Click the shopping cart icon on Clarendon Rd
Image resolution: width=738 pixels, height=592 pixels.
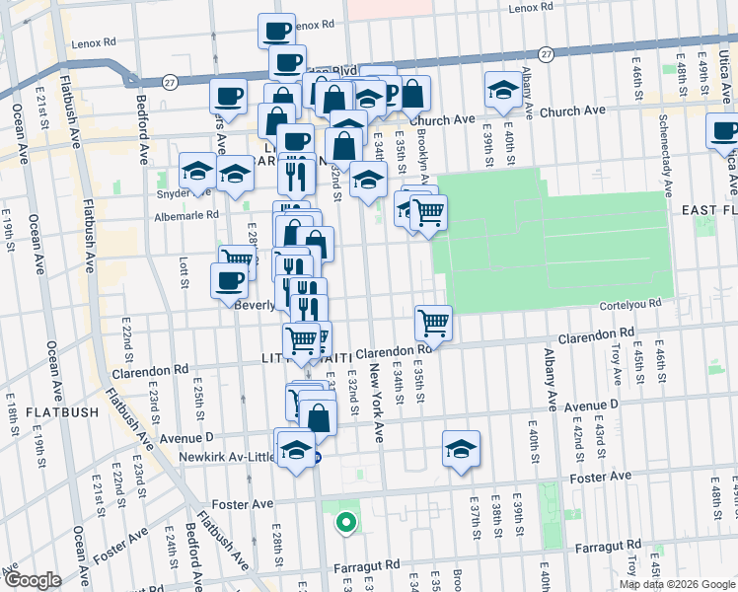coord(433,322)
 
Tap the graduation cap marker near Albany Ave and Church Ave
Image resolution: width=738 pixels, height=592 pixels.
coord(503,91)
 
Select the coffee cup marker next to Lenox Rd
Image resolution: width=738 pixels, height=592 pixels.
coord(276,30)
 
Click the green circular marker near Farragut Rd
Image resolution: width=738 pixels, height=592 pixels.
coord(345,522)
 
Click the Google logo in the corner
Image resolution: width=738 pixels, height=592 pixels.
coord(32,580)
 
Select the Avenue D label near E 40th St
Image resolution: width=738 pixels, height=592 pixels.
coord(591,406)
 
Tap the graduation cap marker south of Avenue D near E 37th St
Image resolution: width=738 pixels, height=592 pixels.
coord(461,448)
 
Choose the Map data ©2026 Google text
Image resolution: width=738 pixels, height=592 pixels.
coord(677,584)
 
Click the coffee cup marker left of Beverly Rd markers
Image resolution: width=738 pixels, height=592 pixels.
coord(229,280)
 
